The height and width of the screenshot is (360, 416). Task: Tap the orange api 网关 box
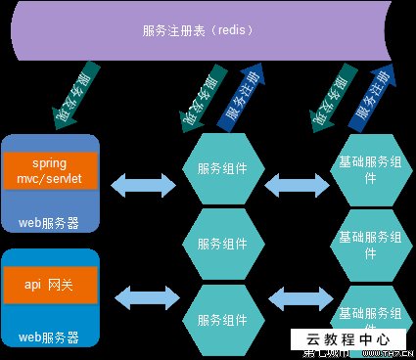point(50,285)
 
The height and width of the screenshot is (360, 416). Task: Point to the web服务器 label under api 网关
point(49,337)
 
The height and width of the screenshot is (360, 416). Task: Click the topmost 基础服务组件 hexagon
point(368,169)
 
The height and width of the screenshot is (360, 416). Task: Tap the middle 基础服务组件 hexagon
point(368,244)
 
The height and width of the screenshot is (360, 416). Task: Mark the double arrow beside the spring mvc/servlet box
point(141,182)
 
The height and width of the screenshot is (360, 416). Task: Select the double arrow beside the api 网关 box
point(141,293)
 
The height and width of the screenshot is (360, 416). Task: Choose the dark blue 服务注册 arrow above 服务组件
point(241,102)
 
